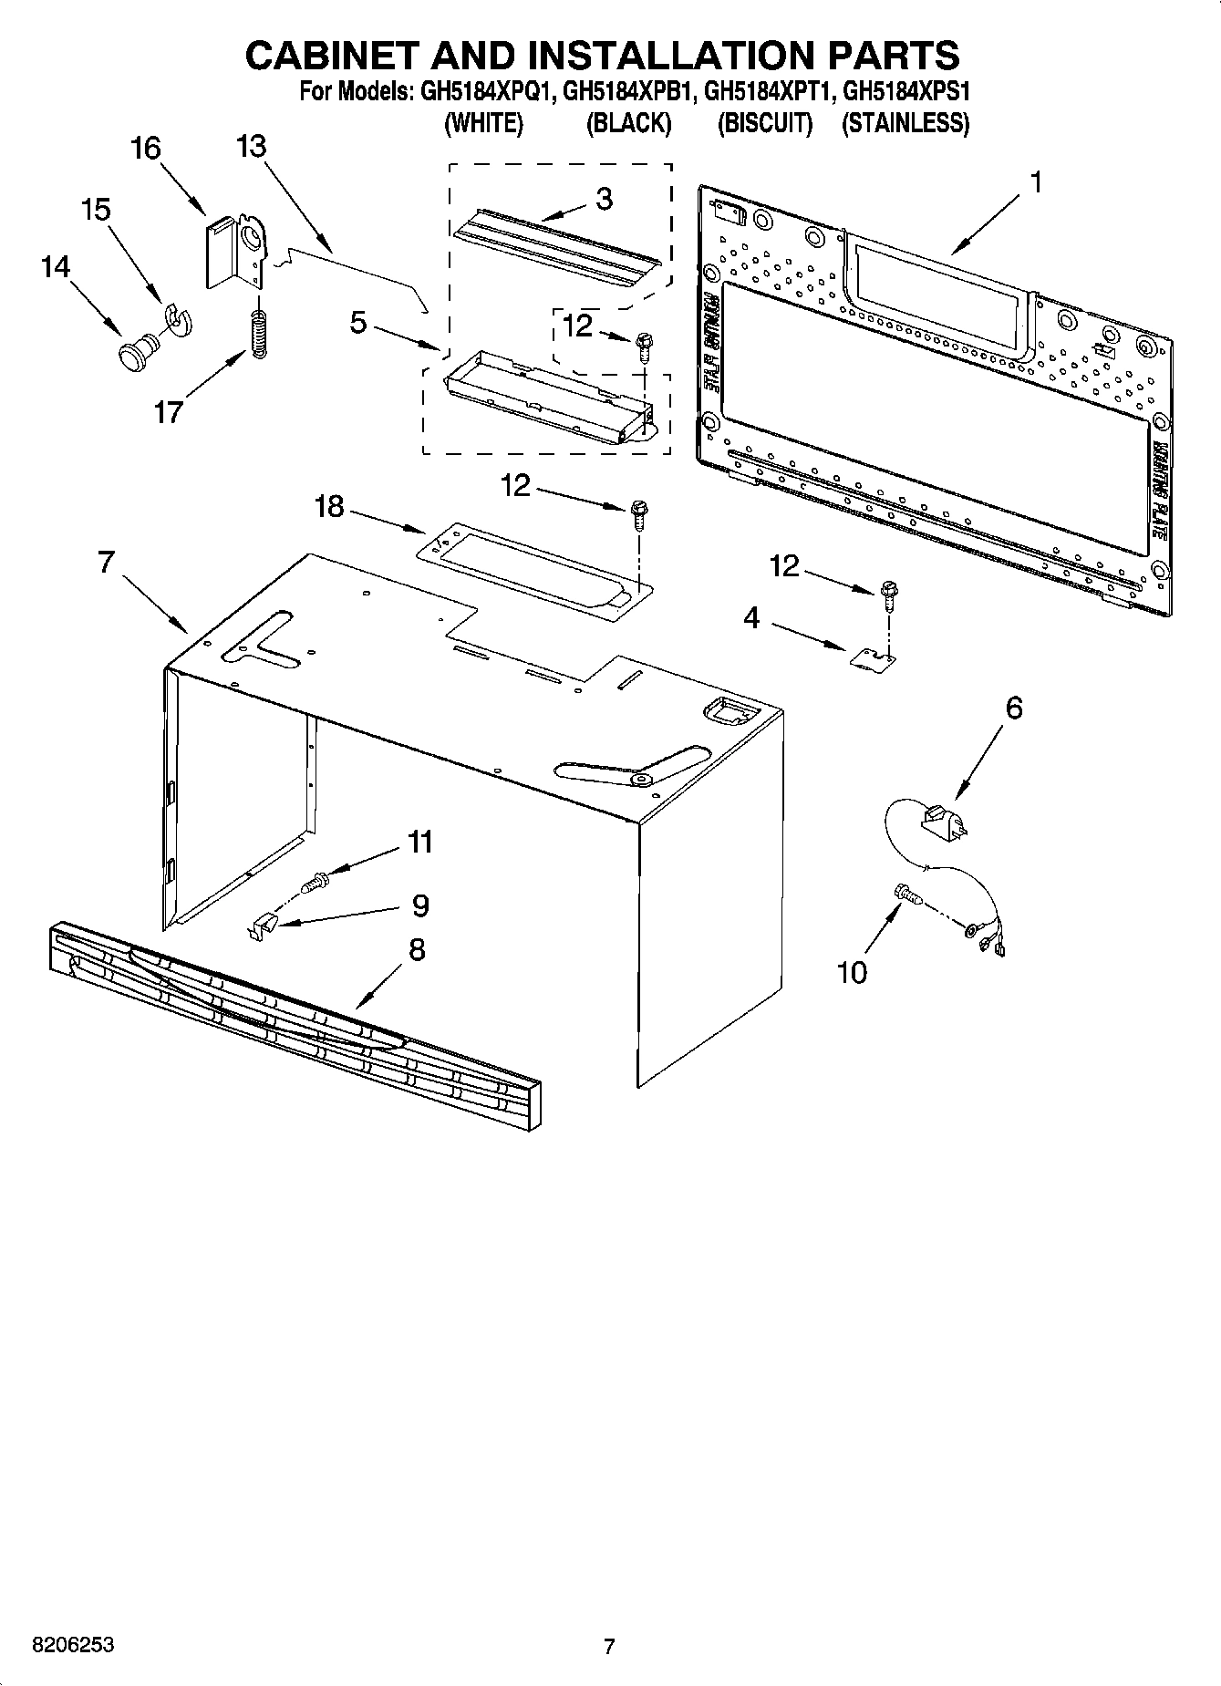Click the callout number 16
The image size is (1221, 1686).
tap(146, 148)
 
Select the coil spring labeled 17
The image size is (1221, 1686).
tap(259, 334)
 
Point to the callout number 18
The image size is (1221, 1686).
tap(329, 506)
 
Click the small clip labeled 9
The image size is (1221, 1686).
tap(263, 926)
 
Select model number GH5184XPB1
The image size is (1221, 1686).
tap(630, 92)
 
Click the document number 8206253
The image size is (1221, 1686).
tap(73, 1645)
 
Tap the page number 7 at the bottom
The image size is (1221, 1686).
tap(609, 1646)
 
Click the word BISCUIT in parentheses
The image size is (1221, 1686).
tap(764, 123)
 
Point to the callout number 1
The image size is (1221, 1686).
tap(1035, 182)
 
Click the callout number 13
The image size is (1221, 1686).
tap(251, 146)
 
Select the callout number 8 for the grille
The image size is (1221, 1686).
tap(416, 950)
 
